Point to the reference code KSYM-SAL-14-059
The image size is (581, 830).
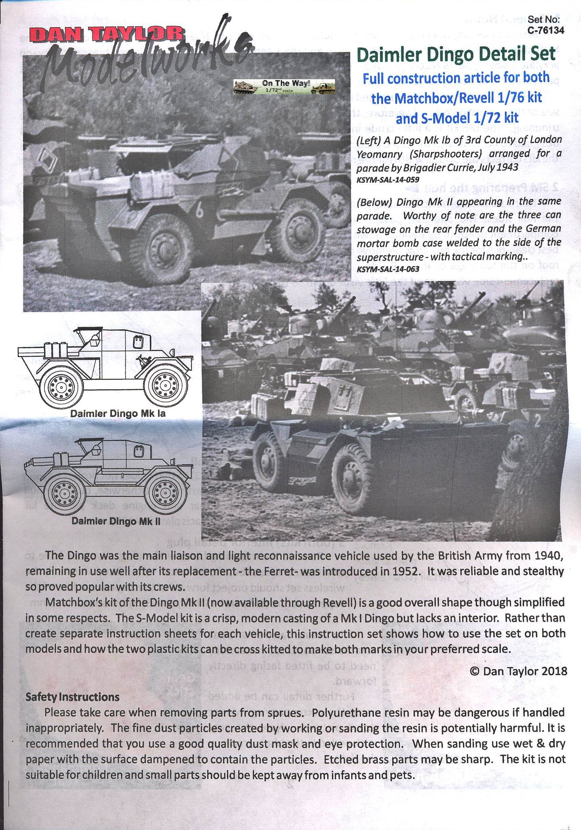tap(388, 179)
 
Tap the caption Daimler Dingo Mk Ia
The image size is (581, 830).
tap(118, 413)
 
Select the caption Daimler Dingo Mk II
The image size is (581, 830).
tap(116, 521)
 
